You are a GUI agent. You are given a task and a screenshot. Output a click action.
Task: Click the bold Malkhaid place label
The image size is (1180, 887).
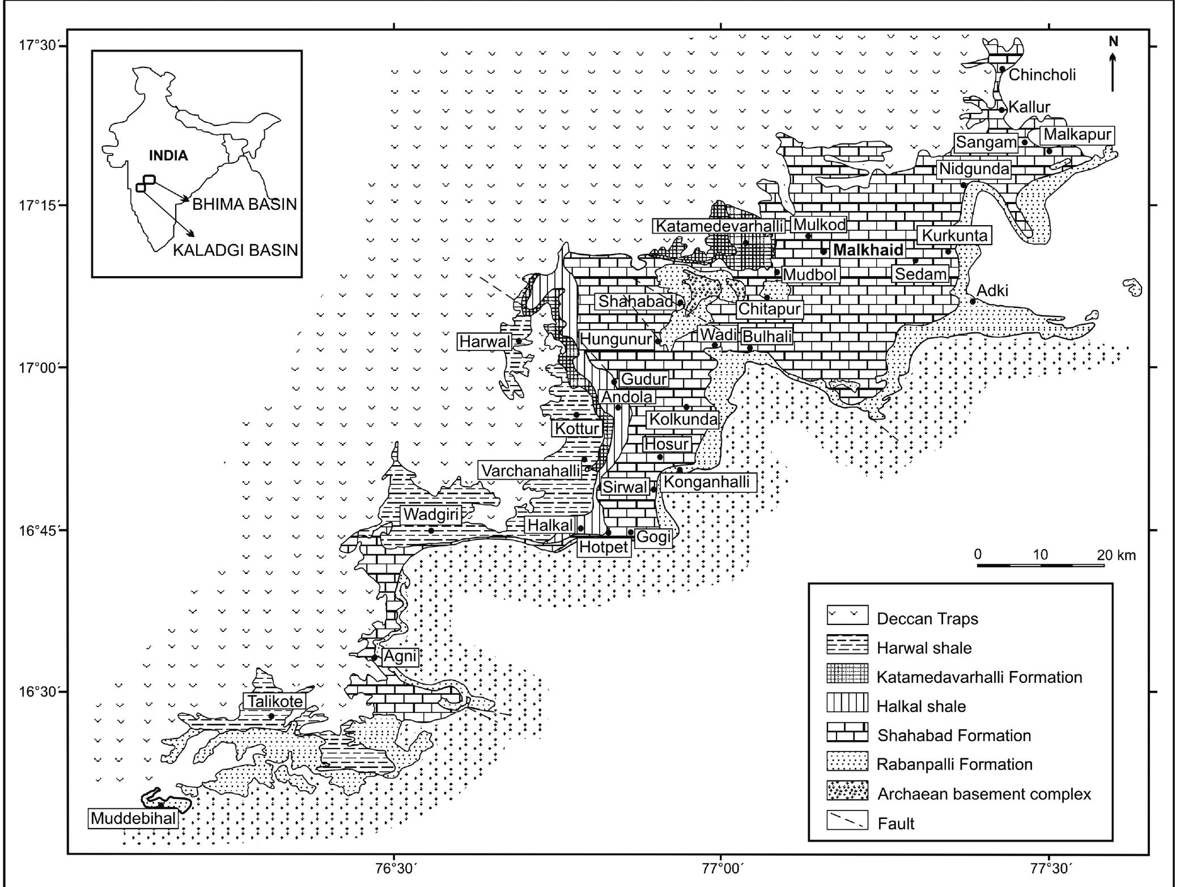[868, 250]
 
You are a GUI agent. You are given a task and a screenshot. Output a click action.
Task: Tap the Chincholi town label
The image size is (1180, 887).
[1042, 74]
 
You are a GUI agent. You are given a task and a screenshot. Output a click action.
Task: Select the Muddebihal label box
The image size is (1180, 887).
[134, 819]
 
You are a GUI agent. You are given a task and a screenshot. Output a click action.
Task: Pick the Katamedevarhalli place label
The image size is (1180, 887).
[720, 226]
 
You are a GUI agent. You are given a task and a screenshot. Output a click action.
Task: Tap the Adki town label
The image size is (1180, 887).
[992, 290]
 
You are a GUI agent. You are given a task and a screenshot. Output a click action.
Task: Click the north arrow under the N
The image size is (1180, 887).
[1113, 71]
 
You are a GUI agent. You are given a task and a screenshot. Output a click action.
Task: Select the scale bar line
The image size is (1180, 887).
[1041, 565]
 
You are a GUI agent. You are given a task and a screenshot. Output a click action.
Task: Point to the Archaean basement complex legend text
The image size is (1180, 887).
[984, 793]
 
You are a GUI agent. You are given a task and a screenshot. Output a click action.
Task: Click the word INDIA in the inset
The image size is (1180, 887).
[168, 155]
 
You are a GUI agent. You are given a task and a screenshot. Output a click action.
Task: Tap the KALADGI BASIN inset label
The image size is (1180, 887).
[235, 250]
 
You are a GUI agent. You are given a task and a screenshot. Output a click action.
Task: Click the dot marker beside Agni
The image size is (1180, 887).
[374, 658]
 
